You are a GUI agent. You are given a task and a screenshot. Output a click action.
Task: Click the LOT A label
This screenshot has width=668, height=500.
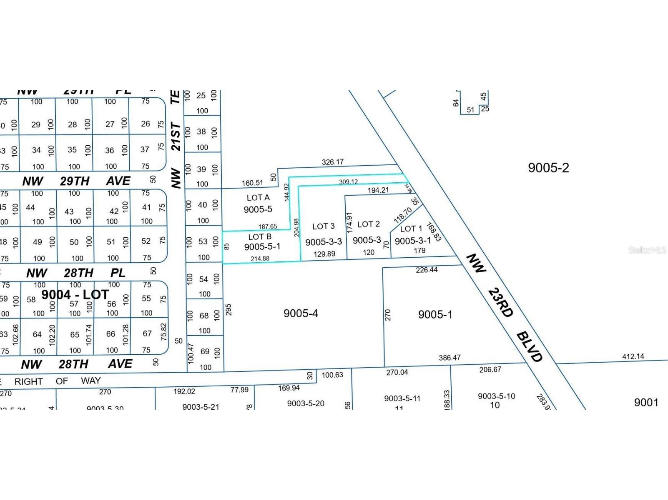coord(258,198)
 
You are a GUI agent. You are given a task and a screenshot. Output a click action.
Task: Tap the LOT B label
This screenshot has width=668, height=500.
coord(260,237)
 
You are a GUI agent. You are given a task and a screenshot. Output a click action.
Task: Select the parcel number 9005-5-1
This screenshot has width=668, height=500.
coord(262,246)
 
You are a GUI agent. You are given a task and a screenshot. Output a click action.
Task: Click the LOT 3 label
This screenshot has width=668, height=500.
coord(324,226)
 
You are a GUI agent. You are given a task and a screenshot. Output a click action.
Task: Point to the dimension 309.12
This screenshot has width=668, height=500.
coord(349,182)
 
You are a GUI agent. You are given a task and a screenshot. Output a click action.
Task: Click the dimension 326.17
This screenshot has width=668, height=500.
coord(333,162)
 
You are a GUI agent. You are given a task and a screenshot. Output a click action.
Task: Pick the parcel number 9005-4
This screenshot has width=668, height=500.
coord(301,313)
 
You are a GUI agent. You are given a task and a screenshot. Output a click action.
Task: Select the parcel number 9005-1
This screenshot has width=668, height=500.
coord(435,315)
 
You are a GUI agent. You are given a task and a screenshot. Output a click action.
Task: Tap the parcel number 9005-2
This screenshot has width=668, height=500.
coord(548,168)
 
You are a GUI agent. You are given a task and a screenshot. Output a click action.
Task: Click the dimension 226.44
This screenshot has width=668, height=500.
coord(427,270)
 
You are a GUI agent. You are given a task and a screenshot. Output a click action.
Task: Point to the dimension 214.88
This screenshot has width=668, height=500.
coord(260,259)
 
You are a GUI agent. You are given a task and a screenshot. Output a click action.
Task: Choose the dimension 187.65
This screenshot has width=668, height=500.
coord(268,226)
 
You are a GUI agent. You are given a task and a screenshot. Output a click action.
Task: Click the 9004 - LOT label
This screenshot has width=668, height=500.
coord(75,295)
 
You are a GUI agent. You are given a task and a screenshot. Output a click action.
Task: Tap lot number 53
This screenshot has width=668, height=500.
coord(203,241)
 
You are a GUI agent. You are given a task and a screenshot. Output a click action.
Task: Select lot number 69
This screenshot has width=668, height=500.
coord(205,351)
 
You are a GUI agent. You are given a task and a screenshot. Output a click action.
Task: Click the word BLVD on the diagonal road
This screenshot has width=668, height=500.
coord(530,347)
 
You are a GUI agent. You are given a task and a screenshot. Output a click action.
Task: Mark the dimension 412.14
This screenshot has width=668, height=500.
coord(633,356)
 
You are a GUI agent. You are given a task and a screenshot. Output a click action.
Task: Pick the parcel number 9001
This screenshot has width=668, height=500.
coord(646,403)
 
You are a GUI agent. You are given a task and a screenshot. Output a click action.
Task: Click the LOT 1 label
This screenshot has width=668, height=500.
coord(411,229)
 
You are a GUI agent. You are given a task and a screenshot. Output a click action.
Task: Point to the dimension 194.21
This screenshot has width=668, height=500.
coord(378,190)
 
